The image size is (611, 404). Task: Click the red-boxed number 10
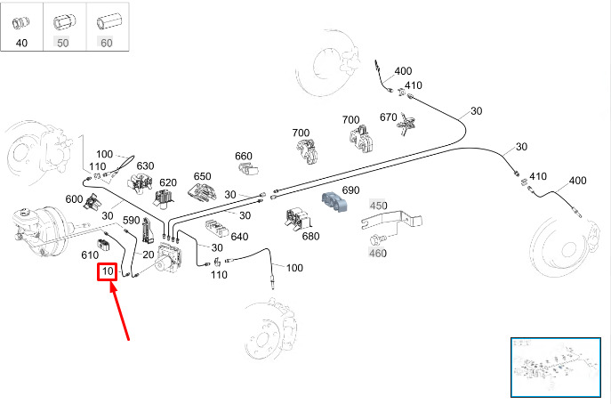click(107, 271)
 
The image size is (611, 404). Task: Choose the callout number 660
click(245, 156)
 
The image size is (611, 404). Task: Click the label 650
click(203, 176)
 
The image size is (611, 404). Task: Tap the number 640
click(239, 237)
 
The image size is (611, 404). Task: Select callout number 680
click(310, 236)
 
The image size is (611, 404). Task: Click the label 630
click(145, 166)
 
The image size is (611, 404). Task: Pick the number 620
click(169, 182)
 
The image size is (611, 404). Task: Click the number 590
click(132, 220)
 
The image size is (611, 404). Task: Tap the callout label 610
click(90, 255)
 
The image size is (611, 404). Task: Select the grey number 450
click(379, 206)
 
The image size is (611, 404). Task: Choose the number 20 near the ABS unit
click(149, 255)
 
